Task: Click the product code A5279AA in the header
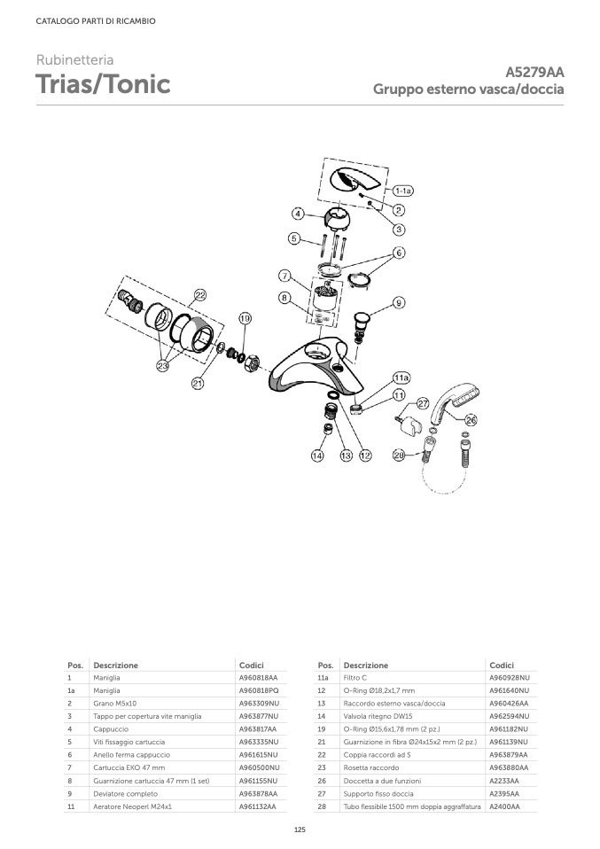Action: [534, 73]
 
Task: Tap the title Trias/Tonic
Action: [103, 85]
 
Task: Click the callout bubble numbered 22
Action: [200, 295]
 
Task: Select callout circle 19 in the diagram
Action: [245, 318]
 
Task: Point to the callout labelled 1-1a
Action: [403, 191]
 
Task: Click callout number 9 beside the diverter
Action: [399, 303]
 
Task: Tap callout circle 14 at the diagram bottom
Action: [317, 456]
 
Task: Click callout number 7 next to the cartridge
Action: [284, 275]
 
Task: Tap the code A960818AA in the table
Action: [258, 678]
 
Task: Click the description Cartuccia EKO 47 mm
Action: [129, 767]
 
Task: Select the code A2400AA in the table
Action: [504, 807]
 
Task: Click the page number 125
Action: [300, 829]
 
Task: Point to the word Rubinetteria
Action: [74, 60]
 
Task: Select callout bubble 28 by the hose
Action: [399, 456]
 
